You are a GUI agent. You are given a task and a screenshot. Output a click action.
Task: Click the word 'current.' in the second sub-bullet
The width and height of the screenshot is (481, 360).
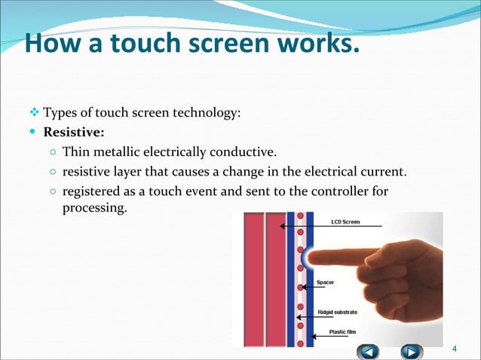(384, 172)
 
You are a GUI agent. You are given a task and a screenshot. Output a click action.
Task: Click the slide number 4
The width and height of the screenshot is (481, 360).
(453, 348)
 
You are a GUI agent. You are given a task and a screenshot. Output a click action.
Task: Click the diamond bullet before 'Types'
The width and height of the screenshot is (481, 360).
(33, 113)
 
